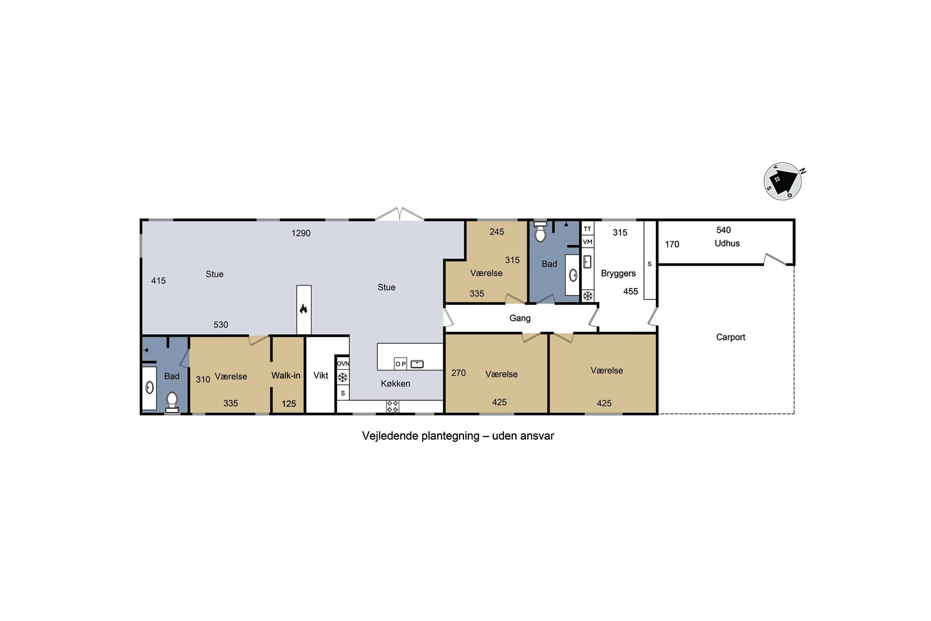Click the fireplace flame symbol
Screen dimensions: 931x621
[304, 309]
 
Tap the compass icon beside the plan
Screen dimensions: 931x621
[783, 181]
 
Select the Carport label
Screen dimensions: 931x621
[730, 337]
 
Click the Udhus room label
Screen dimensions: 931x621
[727, 243]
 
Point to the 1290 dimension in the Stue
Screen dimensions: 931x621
[301, 233]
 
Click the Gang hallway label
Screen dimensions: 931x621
[520, 318]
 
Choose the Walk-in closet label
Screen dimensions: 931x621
[286, 375]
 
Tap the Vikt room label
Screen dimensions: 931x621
[321, 375]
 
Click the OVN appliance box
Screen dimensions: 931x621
[343, 363]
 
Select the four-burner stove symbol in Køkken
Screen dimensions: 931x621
[392, 406]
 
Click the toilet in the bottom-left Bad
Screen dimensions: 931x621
[172, 402]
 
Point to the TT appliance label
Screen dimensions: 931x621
[587, 229]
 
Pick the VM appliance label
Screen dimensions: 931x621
[587, 242]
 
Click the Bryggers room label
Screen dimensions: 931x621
[618, 273]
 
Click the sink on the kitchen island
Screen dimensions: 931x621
[417, 364]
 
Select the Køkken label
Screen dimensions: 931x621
[395, 383]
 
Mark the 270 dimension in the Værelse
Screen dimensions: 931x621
[458, 373]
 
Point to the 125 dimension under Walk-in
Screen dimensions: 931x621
[289, 404]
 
